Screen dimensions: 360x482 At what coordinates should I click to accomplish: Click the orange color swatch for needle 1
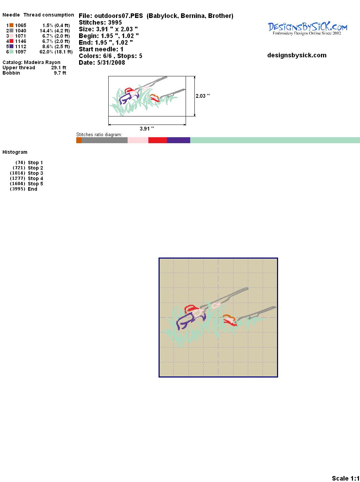click(x=11, y=25)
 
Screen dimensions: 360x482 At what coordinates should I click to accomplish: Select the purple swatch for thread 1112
click(x=11, y=46)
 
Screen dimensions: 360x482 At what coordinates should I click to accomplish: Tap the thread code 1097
click(x=21, y=52)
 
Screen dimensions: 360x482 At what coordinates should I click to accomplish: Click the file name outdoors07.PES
click(x=118, y=16)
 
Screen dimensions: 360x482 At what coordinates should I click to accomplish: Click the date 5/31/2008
click(x=111, y=63)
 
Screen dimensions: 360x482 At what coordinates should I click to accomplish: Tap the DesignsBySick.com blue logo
click(x=307, y=28)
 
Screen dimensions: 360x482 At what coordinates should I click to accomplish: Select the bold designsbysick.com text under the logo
click(x=297, y=55)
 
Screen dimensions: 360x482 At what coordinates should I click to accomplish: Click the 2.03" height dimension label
click(x=202, y=96)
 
